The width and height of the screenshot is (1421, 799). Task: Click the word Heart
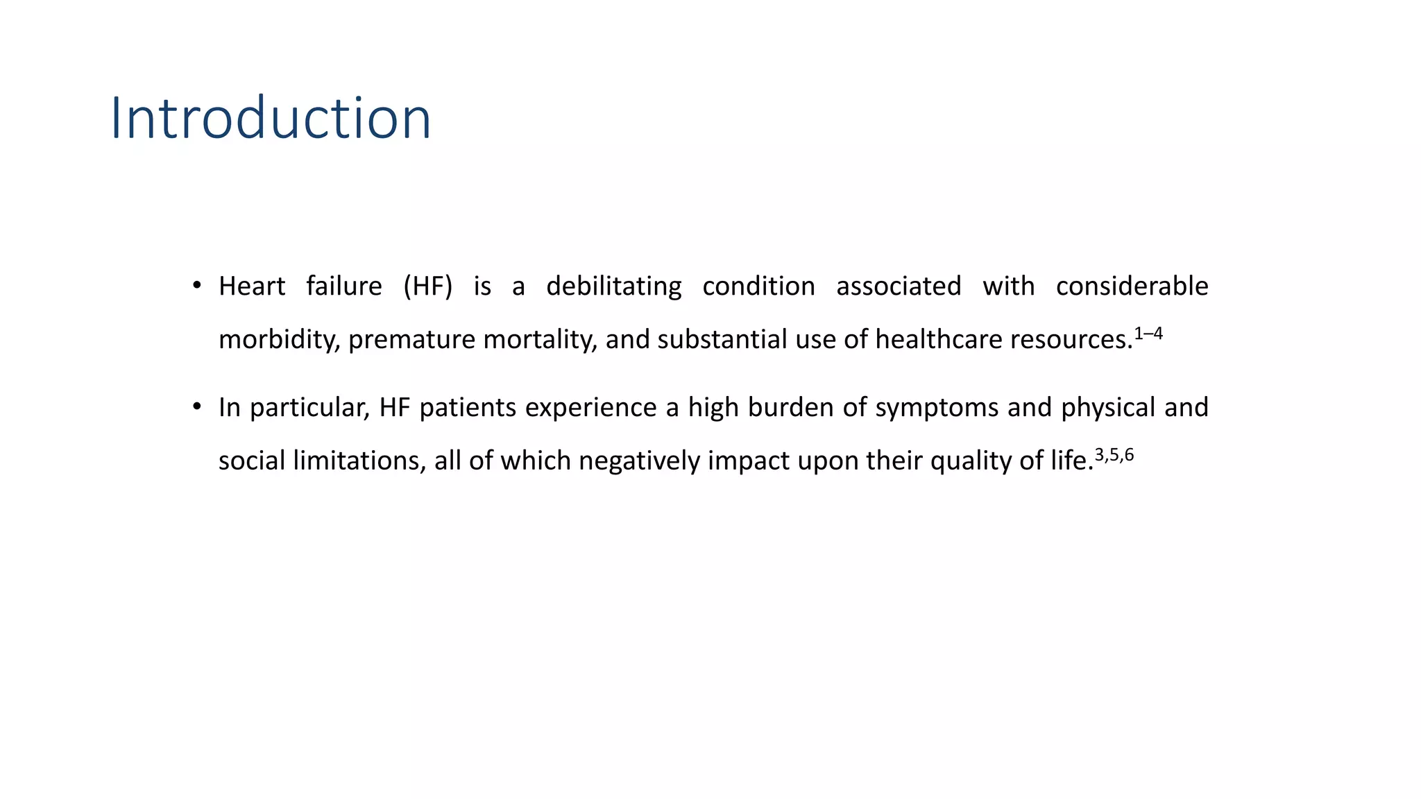click(252, 286)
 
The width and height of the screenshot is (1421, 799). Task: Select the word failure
click(344, 286)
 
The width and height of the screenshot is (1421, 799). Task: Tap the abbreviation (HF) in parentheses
click(427, 286)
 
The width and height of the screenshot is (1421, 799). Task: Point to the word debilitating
click(613, 286)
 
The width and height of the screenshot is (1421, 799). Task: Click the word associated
click(899, 286)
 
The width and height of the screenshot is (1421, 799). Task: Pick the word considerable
click(1132, 286)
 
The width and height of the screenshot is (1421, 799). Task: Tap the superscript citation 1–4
click(1148, 334)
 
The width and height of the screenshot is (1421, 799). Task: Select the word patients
click(468, 408)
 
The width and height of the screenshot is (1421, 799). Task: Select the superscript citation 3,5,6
click(1114, 456)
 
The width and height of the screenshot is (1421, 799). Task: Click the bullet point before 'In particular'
click(197, 406)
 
